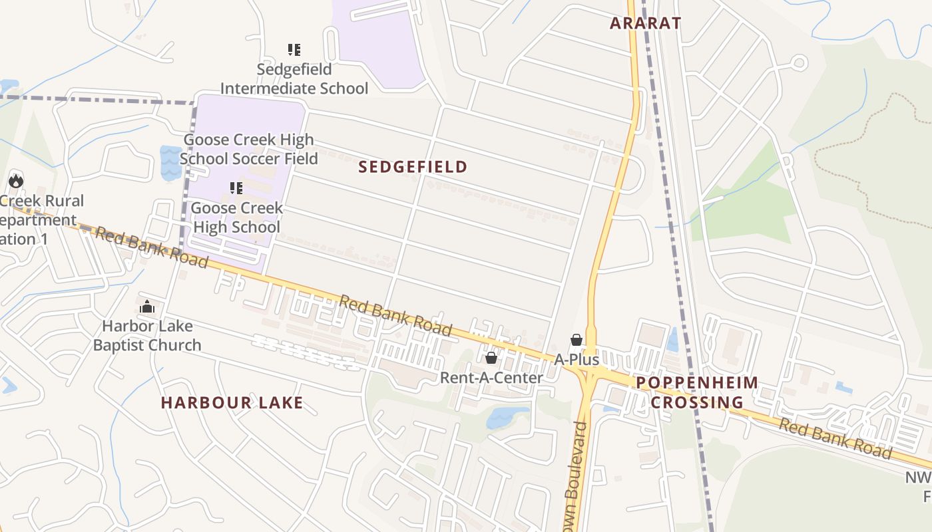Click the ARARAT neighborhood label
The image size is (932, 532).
click(646, 23)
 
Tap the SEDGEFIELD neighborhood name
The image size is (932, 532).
click(413, 167)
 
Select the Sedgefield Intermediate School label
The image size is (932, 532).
click(294, 78)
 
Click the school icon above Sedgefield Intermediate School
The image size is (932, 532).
click(294, 49)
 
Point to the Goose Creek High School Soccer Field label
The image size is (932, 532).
click(248, 149)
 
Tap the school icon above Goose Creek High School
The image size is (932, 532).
click(236, 188)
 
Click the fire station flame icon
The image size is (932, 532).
click(16, 180)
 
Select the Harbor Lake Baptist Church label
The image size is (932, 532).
click(147, 335)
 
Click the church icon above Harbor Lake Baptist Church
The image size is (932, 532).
click(147, 307)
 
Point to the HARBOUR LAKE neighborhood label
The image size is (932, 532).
click(232, 402)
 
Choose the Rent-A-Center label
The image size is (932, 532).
click(491, 378)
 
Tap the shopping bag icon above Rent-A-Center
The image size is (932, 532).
click(491, 358)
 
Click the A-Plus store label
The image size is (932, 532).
click(577, 360)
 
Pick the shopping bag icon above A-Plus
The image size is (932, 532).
click(577, 340)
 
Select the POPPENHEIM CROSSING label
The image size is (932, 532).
click(697, 392)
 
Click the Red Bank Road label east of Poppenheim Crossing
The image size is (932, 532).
click(835, 439)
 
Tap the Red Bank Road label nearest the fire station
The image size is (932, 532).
click(151, 247)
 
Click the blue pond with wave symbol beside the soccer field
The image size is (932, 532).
click(170, 164)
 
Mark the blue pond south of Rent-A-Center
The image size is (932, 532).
click(507, 417)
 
